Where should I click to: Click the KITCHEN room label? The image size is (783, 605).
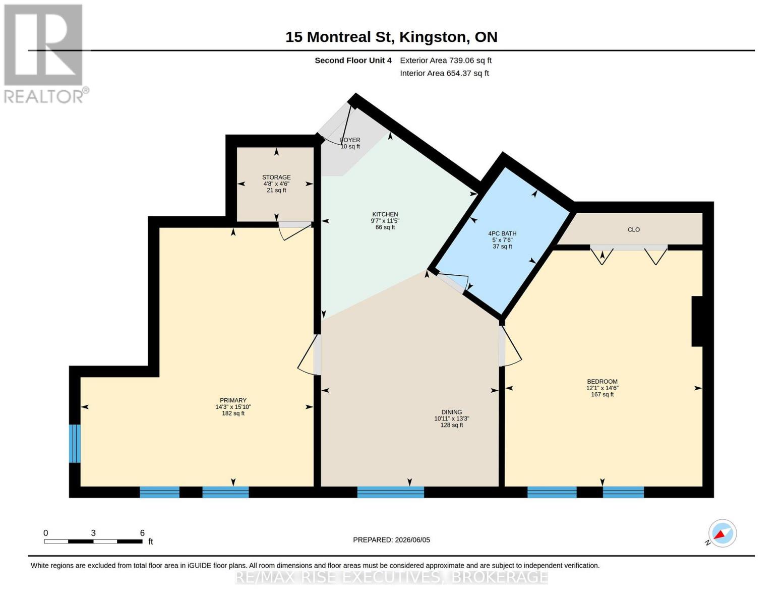coord(385,214)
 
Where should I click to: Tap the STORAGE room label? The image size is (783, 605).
coord(276,177)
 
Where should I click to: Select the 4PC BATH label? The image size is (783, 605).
coord(502,233)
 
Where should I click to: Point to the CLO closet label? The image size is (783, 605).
coord(633,229)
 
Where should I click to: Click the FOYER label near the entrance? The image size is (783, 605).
coord(350,140)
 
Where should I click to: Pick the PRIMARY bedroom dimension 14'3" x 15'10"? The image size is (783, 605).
coord(233,407)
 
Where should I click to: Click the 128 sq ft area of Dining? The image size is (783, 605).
coord(451,425)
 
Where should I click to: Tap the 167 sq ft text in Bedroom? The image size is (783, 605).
coord(602,395)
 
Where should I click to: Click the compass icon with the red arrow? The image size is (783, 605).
coord(722,533)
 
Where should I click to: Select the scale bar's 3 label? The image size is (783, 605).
coord(93,533)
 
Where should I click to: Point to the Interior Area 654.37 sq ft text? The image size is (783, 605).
coord(444,73)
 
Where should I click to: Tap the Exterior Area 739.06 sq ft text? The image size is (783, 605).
coord(446,60)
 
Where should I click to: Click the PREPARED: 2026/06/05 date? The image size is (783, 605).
coord(391,540)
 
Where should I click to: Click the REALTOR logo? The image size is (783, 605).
coord(45,54)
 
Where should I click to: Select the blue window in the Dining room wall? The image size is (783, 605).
coord(391,492)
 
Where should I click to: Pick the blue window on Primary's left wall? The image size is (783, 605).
coord(75,444)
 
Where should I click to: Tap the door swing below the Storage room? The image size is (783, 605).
coord(296,232)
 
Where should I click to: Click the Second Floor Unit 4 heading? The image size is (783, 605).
coord(353,60)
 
